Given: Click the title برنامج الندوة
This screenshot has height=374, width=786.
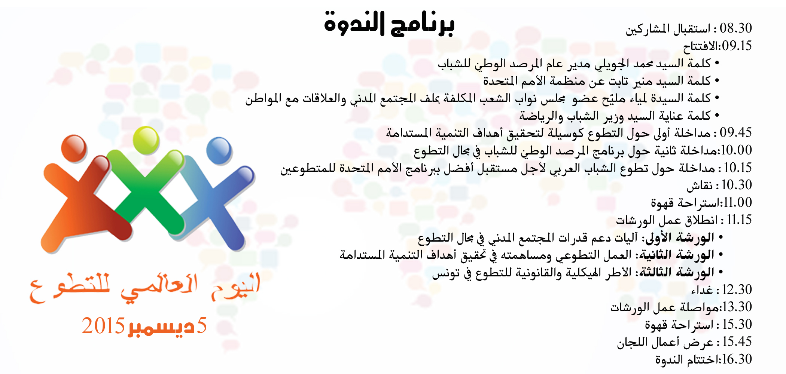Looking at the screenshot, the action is [x=389, y=23].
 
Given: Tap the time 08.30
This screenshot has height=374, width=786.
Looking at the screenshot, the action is [x=736, y=28].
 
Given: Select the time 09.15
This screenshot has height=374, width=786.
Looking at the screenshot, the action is [x=737, y=46].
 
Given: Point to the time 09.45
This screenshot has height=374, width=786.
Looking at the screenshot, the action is [x=736, y=132].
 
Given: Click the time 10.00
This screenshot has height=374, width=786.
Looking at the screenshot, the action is [x=736, y=150].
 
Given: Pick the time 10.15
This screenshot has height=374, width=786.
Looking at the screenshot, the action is [x=738, y=168].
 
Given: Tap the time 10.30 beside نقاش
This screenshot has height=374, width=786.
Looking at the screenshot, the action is [x=737, y=185].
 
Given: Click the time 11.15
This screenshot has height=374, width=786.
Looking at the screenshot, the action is [x=739, y=220].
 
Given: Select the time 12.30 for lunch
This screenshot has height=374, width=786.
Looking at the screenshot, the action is [x=737, y=289].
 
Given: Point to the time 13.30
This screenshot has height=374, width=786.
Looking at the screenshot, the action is [x=737, y=307].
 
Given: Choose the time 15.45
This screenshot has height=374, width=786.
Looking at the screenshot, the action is [x=737, y=341].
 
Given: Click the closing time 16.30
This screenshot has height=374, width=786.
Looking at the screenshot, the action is [x=737, y=359].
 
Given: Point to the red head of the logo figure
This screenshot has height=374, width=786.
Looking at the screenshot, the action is [x=74, y=148].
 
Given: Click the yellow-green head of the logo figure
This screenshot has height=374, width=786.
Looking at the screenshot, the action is [x=146, y=140].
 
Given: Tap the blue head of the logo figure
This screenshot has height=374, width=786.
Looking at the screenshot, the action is [x=219, y=151].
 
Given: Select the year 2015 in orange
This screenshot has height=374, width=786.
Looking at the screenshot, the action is [x=103, y=326].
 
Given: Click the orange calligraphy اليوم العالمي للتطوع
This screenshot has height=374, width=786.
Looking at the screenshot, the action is [x=145, y=288].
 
